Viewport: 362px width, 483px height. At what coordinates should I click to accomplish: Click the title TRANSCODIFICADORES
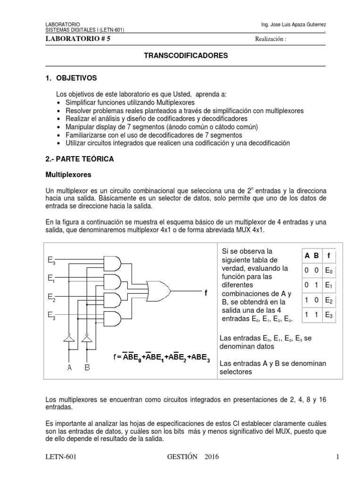(x=185, y=56)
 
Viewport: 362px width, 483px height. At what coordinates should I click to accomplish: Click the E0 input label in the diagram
(x=51, y=260)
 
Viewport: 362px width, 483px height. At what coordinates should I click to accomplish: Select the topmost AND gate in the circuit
(x=114, y=263)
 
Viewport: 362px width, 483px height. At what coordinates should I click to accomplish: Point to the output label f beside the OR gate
(x=206, y=293)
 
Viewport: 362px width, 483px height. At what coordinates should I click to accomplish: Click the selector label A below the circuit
(x=69, y=367)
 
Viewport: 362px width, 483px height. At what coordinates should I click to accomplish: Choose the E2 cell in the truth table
(x=329, y=300)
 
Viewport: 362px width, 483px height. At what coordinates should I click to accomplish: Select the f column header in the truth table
(x=329, y=256)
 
